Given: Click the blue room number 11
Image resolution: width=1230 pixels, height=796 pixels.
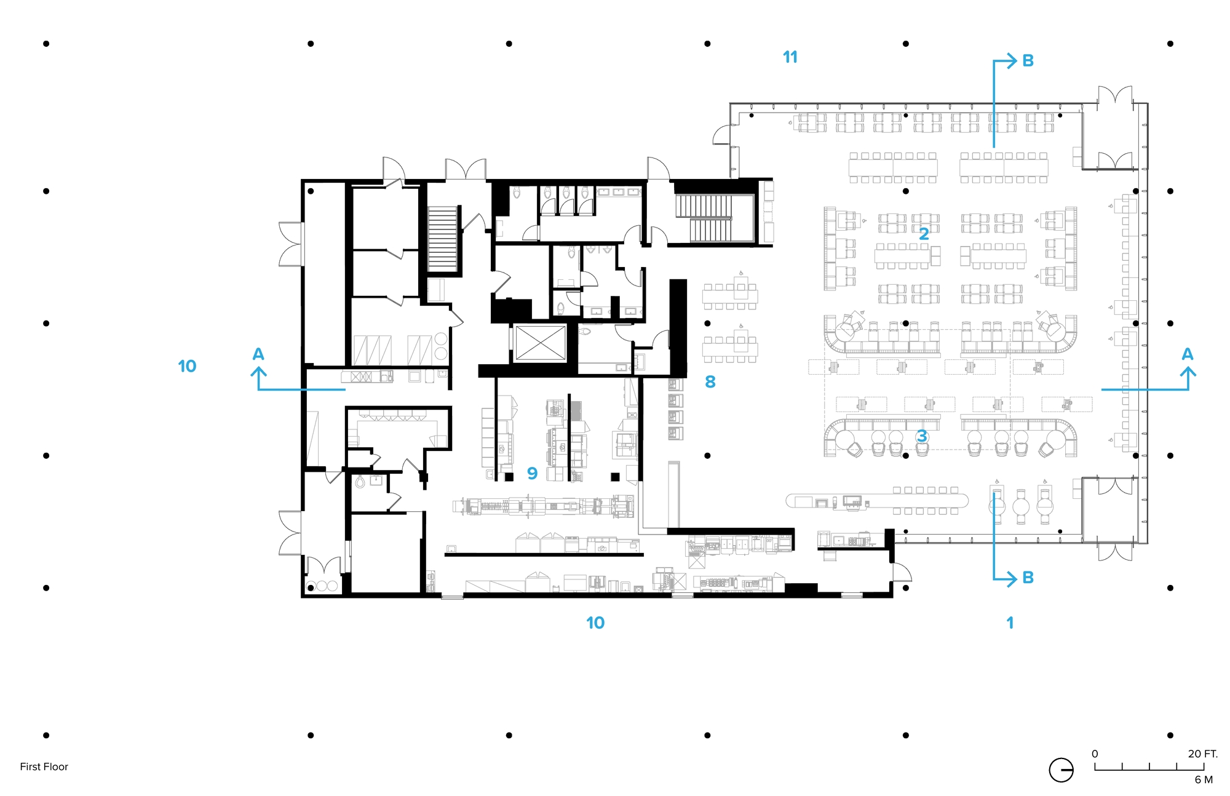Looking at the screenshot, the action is click(790, 57).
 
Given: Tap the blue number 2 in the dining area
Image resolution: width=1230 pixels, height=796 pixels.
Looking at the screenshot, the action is click(924, 234).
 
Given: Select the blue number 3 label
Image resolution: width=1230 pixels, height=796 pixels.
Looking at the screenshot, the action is click(922, 436).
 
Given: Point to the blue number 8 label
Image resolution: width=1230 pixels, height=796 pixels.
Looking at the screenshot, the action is click(710, 382).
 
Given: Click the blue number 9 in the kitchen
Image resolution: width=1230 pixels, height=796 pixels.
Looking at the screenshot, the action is click(533, 473).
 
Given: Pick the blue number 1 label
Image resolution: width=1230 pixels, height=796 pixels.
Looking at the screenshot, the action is click(1010, 623).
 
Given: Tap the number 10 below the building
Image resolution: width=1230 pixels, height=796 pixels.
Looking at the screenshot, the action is click(595, 623).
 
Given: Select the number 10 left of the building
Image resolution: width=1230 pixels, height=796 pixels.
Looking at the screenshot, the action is click(187, 366).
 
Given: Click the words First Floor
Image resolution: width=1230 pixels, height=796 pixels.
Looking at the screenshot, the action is click(44, 766).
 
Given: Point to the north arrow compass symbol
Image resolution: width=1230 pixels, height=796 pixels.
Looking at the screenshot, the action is click(1061, 770).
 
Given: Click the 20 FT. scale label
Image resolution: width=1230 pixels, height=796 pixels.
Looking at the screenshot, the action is click(1202, 754).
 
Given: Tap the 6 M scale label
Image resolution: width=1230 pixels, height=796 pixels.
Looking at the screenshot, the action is click(1204, 779).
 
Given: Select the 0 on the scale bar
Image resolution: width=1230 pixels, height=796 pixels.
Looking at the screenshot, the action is click(1095, 754).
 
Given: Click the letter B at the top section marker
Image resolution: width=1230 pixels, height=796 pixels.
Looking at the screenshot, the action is click(1028, 61).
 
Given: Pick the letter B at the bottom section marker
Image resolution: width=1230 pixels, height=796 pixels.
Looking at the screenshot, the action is click(1028, 578).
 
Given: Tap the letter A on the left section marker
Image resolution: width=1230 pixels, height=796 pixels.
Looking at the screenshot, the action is click(258, 354).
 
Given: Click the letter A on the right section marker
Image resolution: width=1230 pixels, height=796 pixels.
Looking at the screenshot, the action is click(1188, 354).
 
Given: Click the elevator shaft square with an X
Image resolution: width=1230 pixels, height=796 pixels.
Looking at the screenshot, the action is click(540, 343).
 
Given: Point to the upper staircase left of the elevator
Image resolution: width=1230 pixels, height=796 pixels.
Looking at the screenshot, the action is click(443, 239).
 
